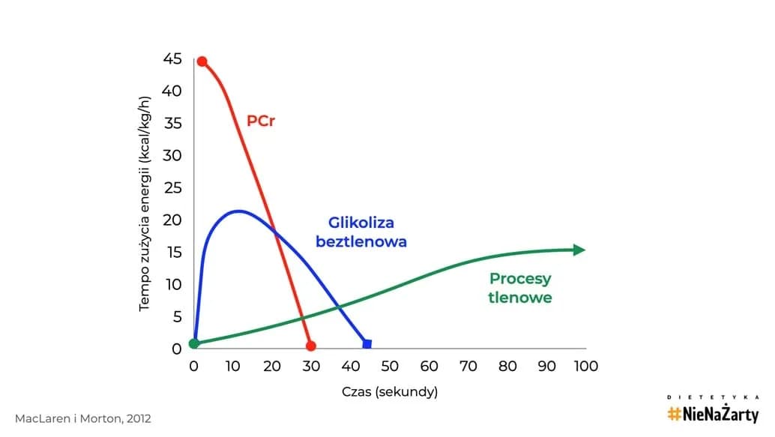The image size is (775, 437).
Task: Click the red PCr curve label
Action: click(x=261, y=120)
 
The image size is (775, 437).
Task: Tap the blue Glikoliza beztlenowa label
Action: click(x=361, y=232)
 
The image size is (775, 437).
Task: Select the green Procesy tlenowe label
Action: click(x=520, y=288)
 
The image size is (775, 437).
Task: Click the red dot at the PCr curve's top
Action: click(x=202, y=61)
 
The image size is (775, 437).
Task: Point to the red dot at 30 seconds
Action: click(x=311, y=346)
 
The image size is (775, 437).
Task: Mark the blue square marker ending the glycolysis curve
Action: click(x=367, y=344)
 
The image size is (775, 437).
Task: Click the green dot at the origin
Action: click(x=194, y=343)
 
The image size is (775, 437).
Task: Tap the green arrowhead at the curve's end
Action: click(x=579, y=250)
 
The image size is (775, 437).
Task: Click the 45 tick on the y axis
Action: click(x=172, y=58)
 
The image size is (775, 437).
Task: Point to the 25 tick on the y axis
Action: click(x=172, y=187)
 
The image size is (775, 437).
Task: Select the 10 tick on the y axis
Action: click(x=172, y=284)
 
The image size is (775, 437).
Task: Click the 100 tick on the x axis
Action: click(x=586, y=366)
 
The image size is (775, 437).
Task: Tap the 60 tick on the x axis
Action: click(x=429, y=366)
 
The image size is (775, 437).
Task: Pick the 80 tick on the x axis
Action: click(x=508, y=366)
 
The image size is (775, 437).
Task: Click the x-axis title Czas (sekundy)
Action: click(x=390, y=392)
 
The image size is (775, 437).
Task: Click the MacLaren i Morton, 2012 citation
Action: click(x=82, y=418)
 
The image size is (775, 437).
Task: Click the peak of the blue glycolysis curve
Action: click(x=238, y=211)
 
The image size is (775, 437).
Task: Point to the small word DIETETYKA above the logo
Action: click(x=713, y=397)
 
